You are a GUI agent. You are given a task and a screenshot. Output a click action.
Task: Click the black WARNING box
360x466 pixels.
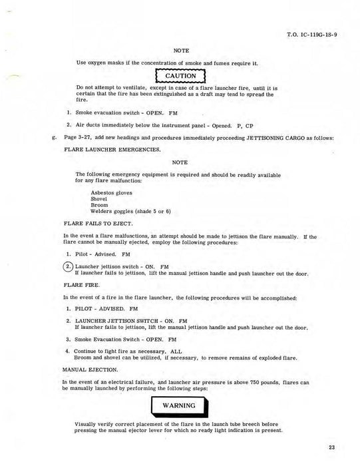pos(180,405)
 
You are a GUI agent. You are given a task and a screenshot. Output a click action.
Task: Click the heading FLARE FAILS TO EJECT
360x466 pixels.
pos(98,224)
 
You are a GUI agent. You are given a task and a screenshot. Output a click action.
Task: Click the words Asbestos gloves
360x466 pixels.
pos(111,193)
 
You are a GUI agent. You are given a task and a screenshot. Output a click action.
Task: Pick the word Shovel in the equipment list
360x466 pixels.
pos(99,199)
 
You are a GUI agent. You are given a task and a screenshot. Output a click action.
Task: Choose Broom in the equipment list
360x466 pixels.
pos(98,205)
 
